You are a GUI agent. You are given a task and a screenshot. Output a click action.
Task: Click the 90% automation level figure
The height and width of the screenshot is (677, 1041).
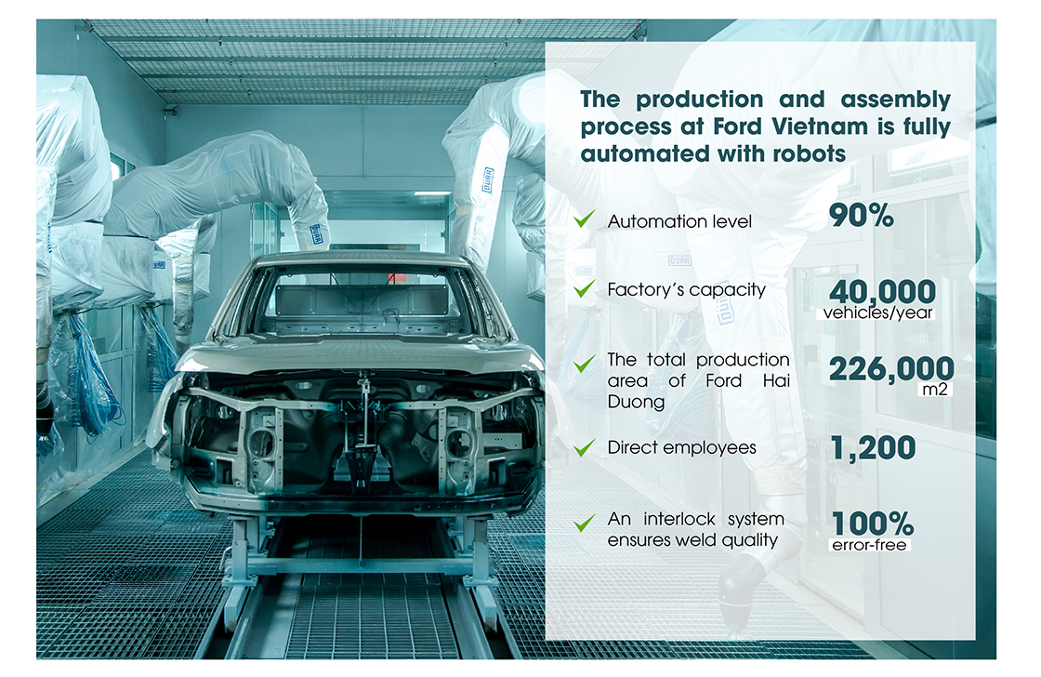point(861,215)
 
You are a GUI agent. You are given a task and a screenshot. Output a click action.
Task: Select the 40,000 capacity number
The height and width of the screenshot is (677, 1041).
point(882,291)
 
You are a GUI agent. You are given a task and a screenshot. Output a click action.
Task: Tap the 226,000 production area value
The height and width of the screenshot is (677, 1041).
point(891,369)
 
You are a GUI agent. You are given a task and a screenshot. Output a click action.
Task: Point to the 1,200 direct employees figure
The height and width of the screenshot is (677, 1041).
point(873,448)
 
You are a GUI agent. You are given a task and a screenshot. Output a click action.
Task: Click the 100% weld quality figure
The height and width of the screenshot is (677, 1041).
point(873,524)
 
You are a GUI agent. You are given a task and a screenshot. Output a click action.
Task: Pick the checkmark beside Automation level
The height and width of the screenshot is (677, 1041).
point(585,219)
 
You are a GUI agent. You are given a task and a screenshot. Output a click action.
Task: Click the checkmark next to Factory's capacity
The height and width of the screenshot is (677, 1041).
point(585,288)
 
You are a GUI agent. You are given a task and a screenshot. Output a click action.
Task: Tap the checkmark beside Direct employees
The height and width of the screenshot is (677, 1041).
point(585,448)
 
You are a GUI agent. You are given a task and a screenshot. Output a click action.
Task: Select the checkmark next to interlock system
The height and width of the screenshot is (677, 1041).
point(585,524)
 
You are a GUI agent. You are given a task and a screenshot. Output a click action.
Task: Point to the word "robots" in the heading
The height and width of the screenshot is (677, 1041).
point(810,154)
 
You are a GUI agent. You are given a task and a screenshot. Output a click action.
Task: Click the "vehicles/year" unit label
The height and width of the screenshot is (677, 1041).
point(877,312)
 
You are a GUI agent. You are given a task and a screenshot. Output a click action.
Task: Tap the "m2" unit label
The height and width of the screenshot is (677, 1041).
point(935,390)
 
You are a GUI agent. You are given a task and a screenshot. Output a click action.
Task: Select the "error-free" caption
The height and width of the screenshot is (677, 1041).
point(869,545)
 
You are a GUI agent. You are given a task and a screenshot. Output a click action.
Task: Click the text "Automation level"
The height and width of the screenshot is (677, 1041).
point(679,221)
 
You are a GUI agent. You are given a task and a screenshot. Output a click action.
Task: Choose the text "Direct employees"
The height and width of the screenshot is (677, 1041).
point(682,448)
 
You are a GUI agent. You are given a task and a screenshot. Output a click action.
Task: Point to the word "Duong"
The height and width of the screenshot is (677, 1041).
point(636,402)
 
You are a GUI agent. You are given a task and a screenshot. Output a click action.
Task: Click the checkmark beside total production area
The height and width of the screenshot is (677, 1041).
point(585,363)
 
